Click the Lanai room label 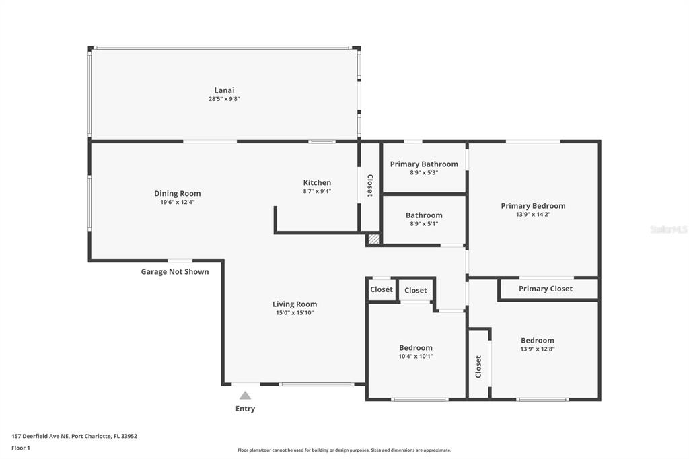click(x=224, y=90)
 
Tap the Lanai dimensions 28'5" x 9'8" click(x=224, y=99)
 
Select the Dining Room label click(x=178, y=194)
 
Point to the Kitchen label click(x=317, y=183)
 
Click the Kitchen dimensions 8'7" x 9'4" click(x=317, y=191)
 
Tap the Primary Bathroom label click(x=424, y=164)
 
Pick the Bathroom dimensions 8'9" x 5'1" click(x=424, y=224)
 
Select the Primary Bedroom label click(x=533, y=206)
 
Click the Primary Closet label click(x=546, y=289)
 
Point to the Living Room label click(x=295, y=304)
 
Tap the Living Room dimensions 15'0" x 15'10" click(x=295, y=312)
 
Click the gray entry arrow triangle click(x=245, y=396)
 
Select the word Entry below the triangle click(x=245, y=409)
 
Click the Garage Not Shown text click(x=175, y=272)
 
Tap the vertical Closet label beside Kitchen click(x=369, y=186)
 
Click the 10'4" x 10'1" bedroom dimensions click(x=416, y=357)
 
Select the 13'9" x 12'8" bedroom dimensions click(x=538, y=349)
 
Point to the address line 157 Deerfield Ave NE click(x=74, y=436)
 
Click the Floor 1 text click(x=21, y=448)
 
